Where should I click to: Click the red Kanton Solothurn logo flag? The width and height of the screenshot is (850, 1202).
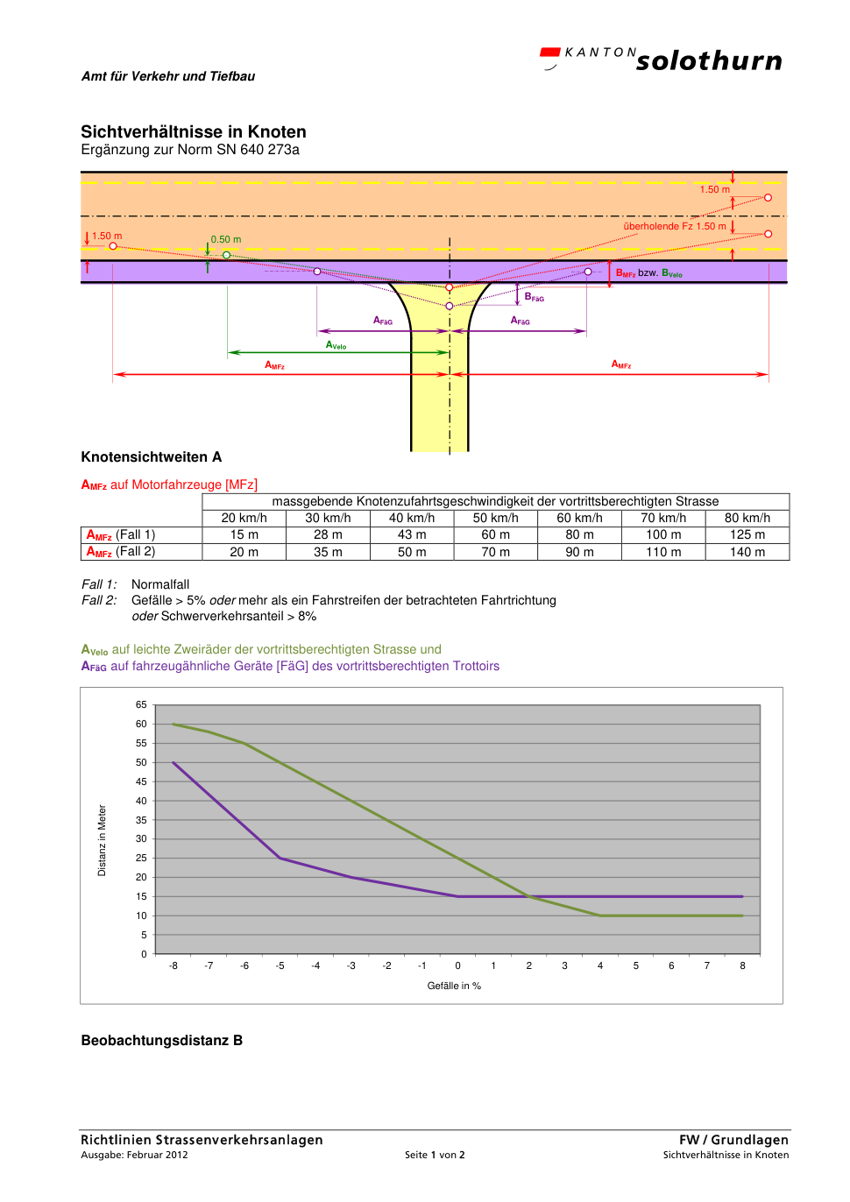pos(549,53)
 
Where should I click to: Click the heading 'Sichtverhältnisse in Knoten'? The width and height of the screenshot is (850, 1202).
pos(194,131)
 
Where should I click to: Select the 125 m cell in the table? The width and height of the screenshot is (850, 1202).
pos(747,534)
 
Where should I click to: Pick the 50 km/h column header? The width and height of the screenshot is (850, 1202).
pos(495,518)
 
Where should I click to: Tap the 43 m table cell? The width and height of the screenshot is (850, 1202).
pos(412,534)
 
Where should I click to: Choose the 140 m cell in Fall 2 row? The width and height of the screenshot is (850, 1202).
pos(747,552)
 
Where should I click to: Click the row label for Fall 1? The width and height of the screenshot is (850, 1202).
pos(121,535)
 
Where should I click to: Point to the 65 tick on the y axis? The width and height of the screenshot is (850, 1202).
pos(141,704)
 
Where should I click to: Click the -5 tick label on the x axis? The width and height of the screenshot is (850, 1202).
pos(280,965)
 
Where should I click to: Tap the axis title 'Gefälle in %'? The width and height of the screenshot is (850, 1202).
pos(454,986)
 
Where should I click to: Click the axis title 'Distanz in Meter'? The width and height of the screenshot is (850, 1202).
pos(102,840)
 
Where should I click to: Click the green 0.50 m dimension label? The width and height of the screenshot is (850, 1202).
pos(226,239)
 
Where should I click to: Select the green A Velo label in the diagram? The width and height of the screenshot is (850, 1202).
pos(336,345)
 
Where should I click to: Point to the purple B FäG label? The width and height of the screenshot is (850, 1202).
pos(534,297)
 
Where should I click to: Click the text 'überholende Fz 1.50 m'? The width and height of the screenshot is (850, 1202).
pos(675,226)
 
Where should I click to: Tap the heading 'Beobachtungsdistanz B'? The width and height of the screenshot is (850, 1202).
pos(161,1041)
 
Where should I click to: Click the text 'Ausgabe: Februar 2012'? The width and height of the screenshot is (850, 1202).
pos(134,1155)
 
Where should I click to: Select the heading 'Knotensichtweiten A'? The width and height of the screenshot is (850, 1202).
pos(152,457)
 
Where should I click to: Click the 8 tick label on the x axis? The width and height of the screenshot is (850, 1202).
pos(743,965)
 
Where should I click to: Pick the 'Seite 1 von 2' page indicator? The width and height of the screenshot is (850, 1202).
pos(435,1155)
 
